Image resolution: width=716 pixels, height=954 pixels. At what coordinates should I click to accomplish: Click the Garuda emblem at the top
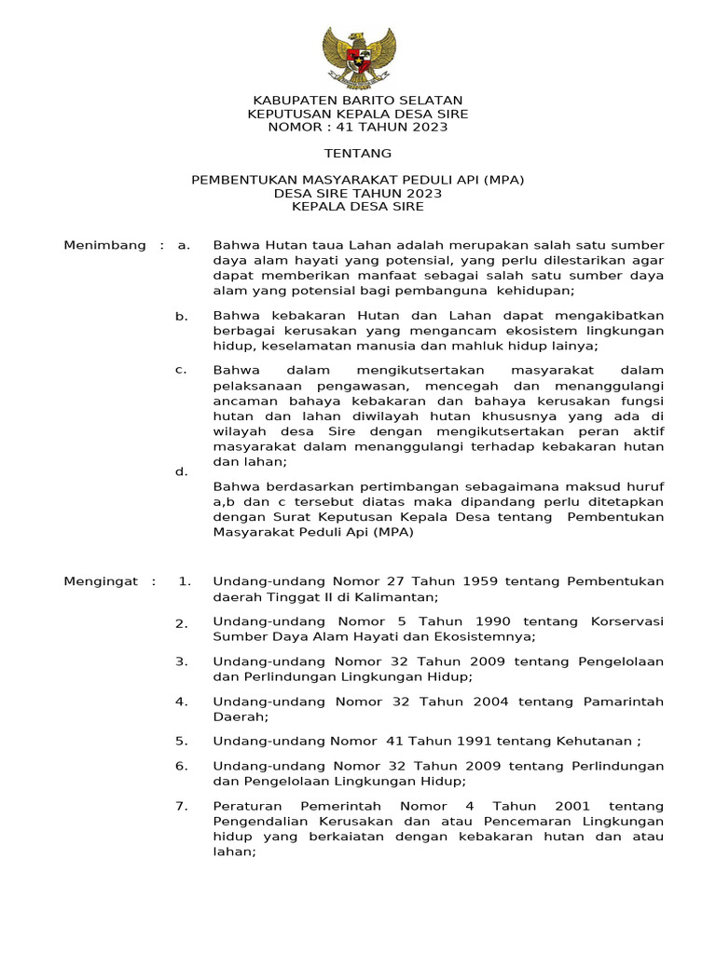coord(358,58)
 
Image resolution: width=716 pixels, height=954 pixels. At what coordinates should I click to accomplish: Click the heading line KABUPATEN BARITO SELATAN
coord(358,101)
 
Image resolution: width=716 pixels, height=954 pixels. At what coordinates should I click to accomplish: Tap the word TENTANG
coord(358,153)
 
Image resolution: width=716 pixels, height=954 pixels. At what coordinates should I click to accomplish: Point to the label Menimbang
coord(104,245)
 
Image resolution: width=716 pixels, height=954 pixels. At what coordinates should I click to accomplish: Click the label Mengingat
coord(102,581)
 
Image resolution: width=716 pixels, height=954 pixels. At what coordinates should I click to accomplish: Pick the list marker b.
coord(182,317)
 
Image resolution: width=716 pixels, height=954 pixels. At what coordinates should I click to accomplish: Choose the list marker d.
coord(182,471)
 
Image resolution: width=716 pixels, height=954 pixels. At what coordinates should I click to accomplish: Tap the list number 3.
coord(182,661)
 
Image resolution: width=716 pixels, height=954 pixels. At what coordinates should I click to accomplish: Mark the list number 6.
coord(182,766)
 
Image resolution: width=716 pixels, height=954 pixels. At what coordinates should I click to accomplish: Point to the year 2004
coord(485,702)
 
